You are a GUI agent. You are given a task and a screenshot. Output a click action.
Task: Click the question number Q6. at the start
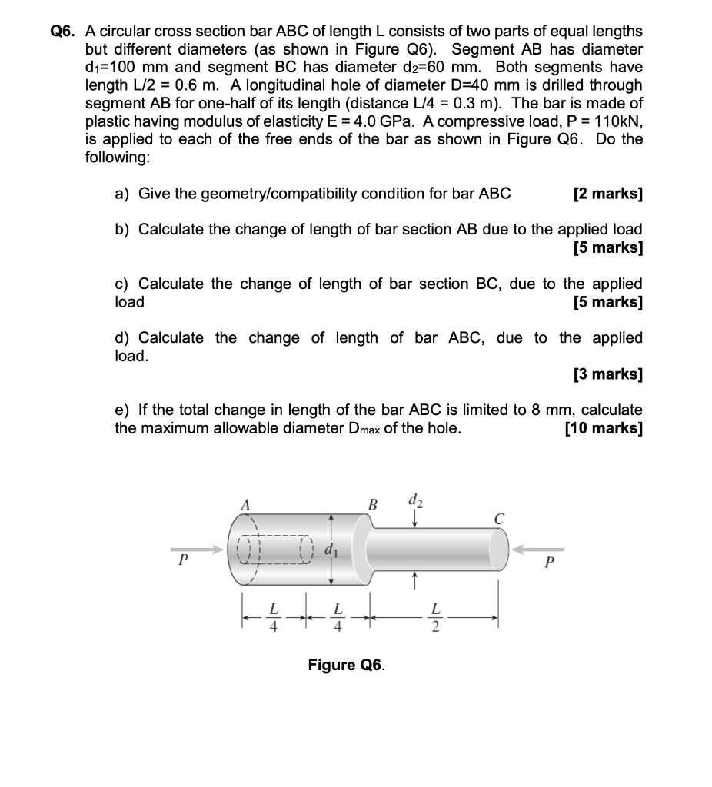64,32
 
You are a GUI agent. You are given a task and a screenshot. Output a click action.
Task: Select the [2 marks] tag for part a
607,194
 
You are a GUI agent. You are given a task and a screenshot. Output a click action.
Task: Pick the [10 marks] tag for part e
604,428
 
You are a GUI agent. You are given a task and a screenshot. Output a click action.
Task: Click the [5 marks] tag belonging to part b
607,247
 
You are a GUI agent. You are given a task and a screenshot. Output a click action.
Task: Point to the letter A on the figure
246,505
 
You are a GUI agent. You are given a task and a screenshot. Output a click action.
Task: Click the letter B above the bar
374,505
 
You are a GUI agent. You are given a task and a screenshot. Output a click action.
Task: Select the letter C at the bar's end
498,519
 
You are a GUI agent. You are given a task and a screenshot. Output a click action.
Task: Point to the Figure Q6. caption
347,665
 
